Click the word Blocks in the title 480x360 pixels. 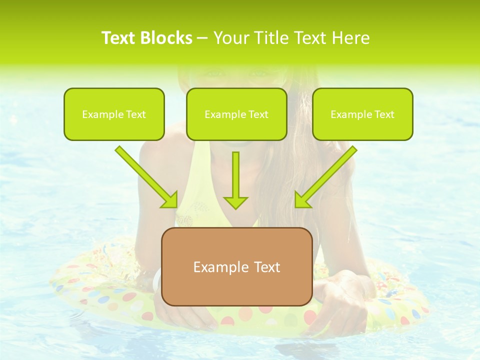[166, 38]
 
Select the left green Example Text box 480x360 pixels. [114, 114]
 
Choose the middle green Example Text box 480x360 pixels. [236, 114]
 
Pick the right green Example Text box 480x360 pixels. [362, 114]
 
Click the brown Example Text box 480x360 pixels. [237, 266]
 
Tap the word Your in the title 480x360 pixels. [228, 38]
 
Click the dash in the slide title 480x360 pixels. [202, 38]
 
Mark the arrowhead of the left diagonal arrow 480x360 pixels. [170, 199]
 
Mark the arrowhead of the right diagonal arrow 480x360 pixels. [302, 199]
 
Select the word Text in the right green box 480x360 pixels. [384, 114]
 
